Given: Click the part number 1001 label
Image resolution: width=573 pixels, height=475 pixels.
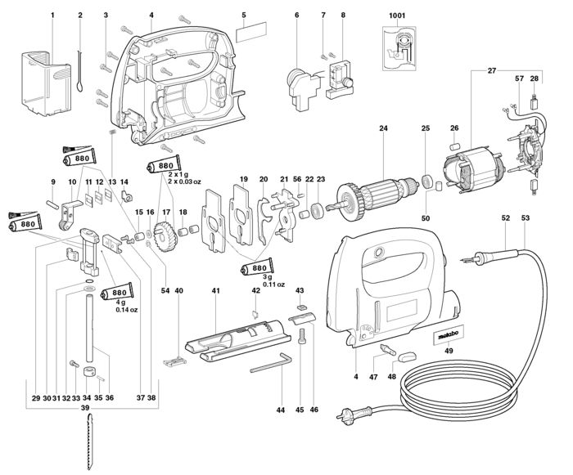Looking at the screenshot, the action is pyautogui.click(x=397, y=16).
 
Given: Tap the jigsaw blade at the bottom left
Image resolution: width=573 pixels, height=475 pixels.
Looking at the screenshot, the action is pyautogui.click(x=90, y=442).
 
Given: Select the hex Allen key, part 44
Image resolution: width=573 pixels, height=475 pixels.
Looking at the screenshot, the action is pyautogui.click(x=271, y=363).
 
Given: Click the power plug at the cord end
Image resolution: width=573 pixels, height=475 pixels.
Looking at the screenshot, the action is pyautogui.click(x=354, y=415).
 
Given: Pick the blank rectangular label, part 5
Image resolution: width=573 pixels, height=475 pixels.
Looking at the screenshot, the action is pyautogui.click(x=251, y=33).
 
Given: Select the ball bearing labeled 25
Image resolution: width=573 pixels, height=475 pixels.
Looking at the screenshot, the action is pyautogui.click(x=426, y=181).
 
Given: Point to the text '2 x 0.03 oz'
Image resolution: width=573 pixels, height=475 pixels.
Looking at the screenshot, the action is pyautogui.click(x=184, y=181).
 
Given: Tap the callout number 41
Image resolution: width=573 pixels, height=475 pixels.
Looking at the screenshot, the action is pyautogui.click(x=215, y=290).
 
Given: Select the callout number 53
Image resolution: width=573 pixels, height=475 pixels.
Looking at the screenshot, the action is pyautogui.click(x=526, y=218).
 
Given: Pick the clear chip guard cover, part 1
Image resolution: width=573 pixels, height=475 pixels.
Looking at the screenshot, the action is pyautogui.click(x=47, y=84).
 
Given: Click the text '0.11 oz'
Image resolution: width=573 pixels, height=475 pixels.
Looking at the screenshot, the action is pyautogui.click(x=273, y=285).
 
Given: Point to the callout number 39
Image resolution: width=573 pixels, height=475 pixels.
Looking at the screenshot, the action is pyautogui.click(x=85, y=408).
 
